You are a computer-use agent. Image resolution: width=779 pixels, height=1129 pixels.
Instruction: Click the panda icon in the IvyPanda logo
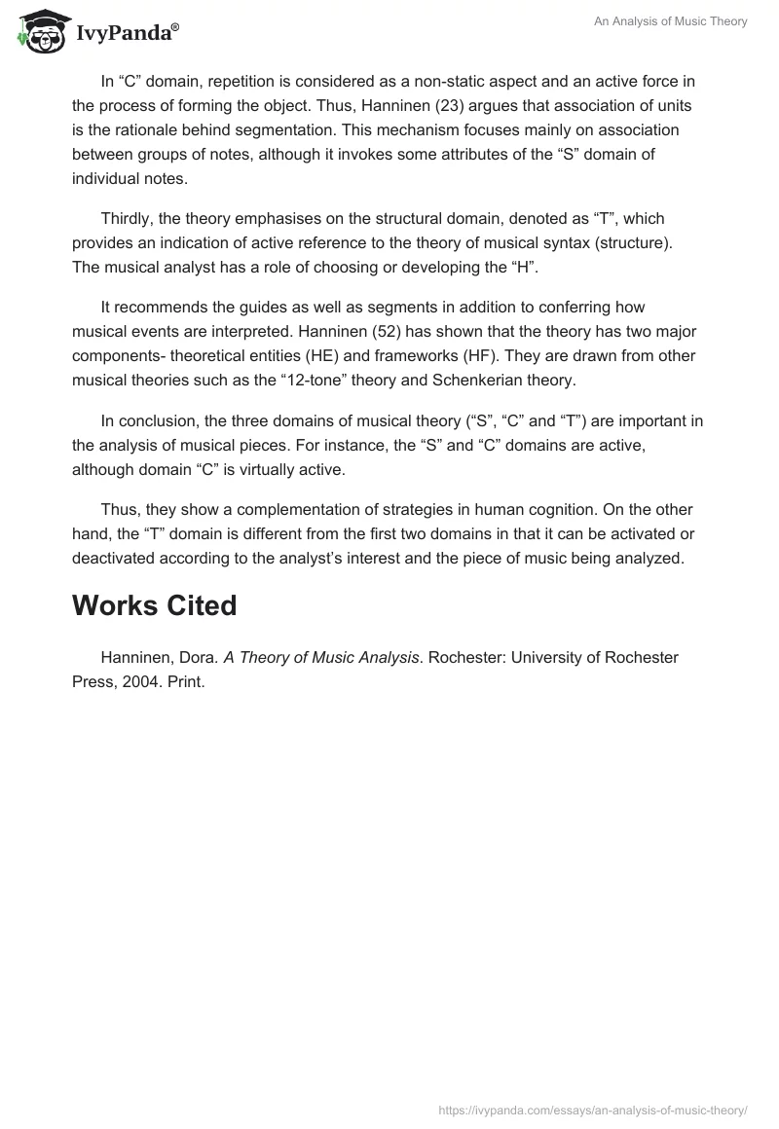37,31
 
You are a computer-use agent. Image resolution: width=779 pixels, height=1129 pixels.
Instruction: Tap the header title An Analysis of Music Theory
671,21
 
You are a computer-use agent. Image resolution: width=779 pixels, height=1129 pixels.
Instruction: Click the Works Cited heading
154,605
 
